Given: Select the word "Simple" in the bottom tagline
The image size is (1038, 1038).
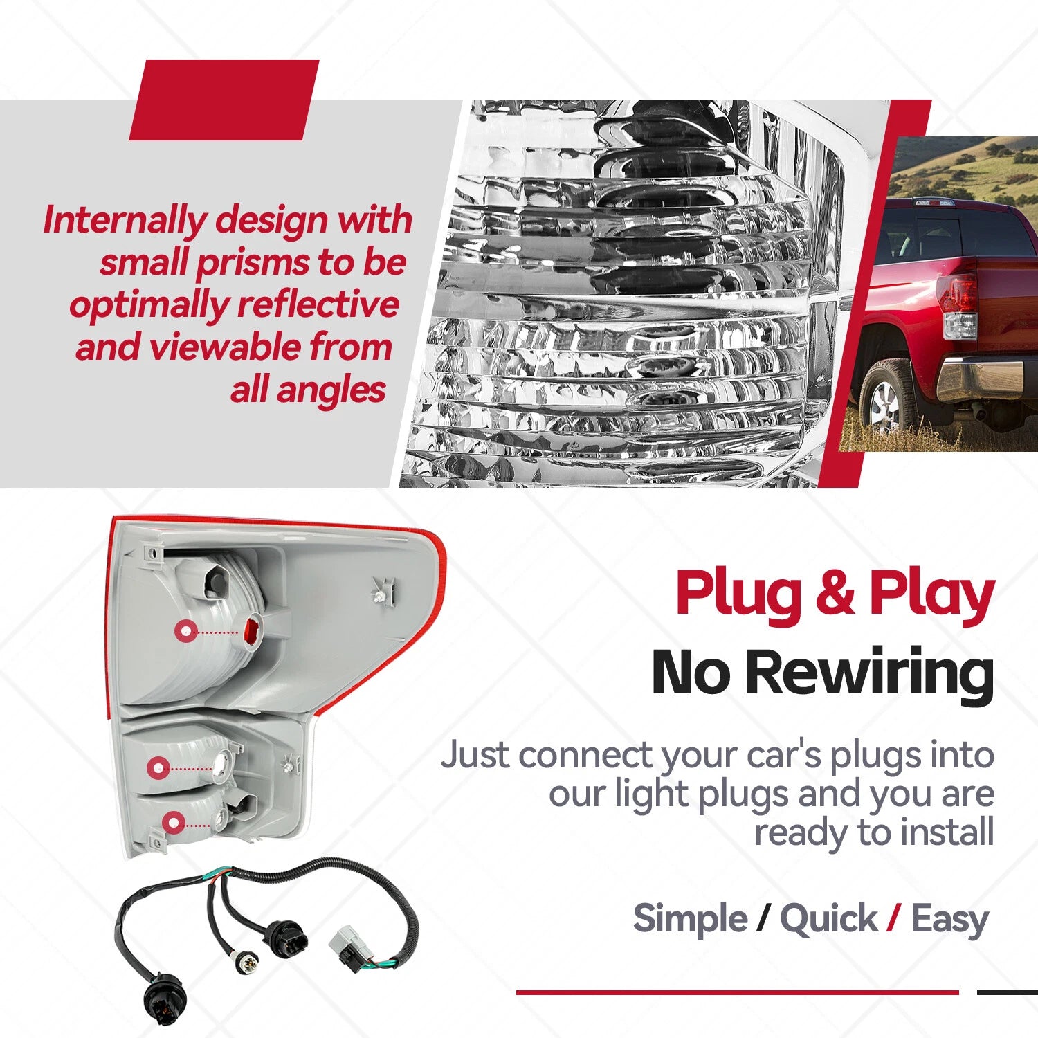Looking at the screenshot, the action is click(690, 920).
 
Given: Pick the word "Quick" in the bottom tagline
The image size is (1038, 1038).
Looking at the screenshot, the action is click(828, 920).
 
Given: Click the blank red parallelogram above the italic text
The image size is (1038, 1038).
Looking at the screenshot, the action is click(224, 100).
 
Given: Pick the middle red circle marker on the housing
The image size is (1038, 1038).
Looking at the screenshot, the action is click(158, 767).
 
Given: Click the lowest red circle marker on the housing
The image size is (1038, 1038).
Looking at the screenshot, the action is click(174, 823).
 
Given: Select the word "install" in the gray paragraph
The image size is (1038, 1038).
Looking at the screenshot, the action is click(946, 832).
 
